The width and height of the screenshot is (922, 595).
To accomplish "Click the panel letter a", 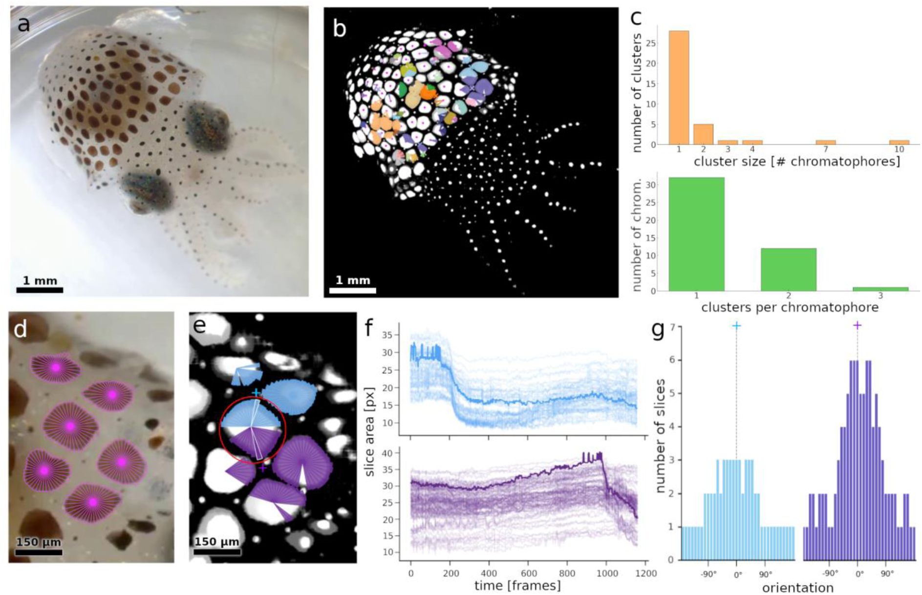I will (x=23, y=24).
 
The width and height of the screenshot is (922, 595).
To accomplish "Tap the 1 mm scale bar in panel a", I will (x=40, y=290).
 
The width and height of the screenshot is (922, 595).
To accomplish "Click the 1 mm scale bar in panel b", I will (x=352, y=290).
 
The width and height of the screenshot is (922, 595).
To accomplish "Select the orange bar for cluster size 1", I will (x=679, y=87).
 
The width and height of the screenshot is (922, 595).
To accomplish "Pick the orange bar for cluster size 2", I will (x=703, y=134).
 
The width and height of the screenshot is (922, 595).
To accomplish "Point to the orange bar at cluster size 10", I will (x=899, y=142).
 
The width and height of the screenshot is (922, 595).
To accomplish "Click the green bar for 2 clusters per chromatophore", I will (x=788, y=270).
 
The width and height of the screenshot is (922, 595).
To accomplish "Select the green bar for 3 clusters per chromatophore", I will (x=880, y=289).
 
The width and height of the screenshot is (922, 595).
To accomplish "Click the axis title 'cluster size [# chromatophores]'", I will (x=796, y=162).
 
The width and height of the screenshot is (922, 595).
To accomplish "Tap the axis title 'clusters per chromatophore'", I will (x=790, y=307).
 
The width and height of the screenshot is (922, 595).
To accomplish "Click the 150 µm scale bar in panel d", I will (x=38, y=552).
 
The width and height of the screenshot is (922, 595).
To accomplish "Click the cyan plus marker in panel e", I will (x=256, y=392).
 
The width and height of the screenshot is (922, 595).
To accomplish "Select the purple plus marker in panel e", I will (x=262, y=468).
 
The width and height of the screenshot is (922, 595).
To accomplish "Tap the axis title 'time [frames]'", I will (x=517, y=585).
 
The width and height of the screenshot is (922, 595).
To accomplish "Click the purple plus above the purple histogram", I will (x=857, y=325).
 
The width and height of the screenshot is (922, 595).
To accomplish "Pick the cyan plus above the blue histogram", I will (x=736, y=325).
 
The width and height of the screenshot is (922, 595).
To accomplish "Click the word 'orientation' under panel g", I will (x=797, y=587).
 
